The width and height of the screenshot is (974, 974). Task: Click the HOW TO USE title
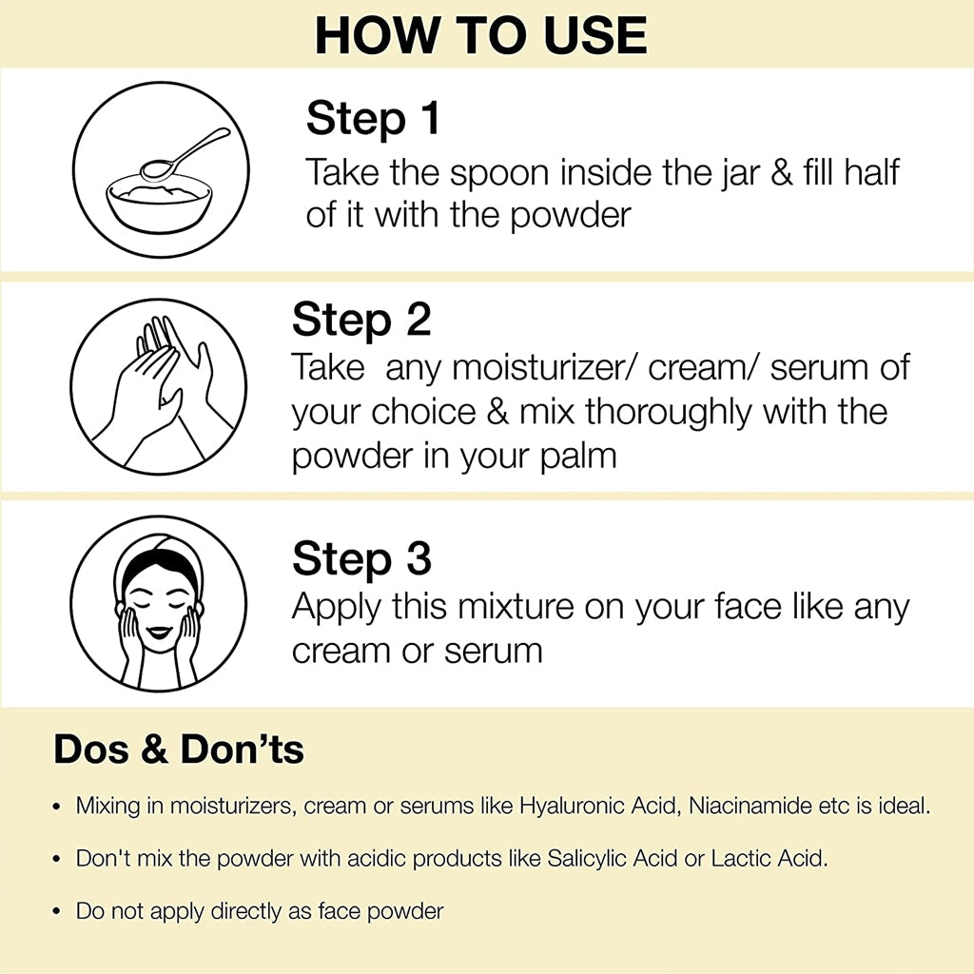pos(481,35)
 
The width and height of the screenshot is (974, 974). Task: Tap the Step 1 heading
pos(373,121)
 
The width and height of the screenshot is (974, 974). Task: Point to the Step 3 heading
pos(361,558)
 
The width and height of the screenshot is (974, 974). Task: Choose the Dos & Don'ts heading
pos(179,750)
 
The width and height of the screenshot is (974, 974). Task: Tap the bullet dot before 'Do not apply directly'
pos(57,911)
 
